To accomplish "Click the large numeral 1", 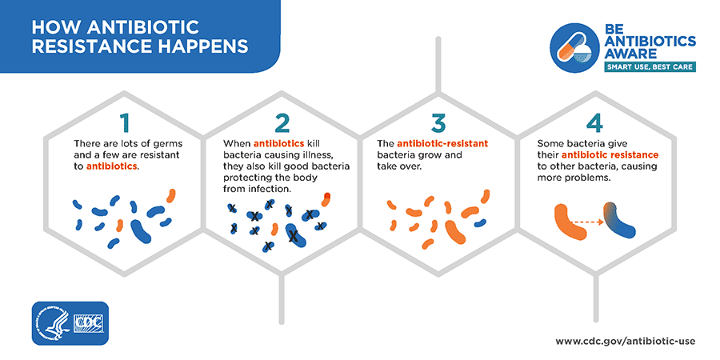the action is click(124, 122).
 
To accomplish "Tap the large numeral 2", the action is click(282, 122).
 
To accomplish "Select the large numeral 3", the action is click(439, 122).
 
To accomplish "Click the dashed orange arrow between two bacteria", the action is click(588, 222).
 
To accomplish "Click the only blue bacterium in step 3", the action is click(480, 223).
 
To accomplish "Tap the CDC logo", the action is click(89, 323).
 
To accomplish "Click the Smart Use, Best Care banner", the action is click(650, 67).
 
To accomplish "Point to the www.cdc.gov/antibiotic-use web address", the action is click(626, 341).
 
